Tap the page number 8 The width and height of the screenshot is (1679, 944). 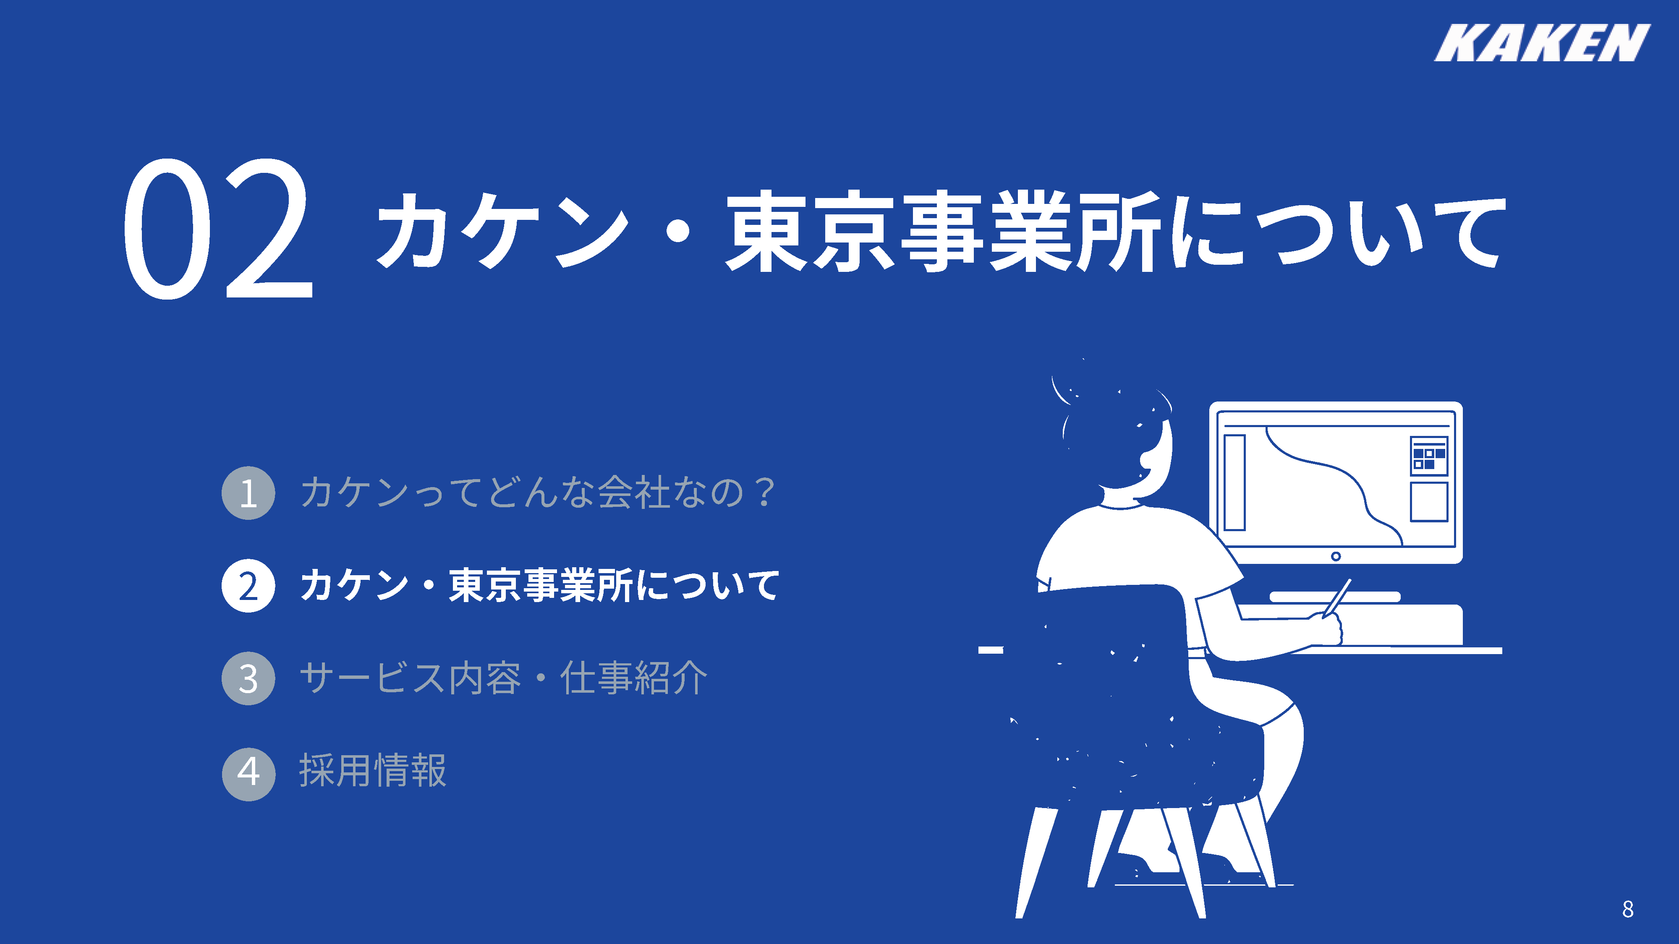coord(1627,909)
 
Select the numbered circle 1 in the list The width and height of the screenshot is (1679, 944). coord(248,493)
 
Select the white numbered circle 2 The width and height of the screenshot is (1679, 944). coord(248,586)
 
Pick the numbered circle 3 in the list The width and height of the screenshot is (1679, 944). coord(248,678)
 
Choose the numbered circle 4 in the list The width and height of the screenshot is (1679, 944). coord(248,773)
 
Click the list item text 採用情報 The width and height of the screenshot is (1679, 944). coord(373,771)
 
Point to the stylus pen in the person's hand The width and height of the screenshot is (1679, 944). coord(1337,598)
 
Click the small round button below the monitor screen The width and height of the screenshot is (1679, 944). coord(1336,556)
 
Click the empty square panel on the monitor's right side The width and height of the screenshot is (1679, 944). coord(1429,502)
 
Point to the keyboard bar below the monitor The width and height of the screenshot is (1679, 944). coord(1334,597)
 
